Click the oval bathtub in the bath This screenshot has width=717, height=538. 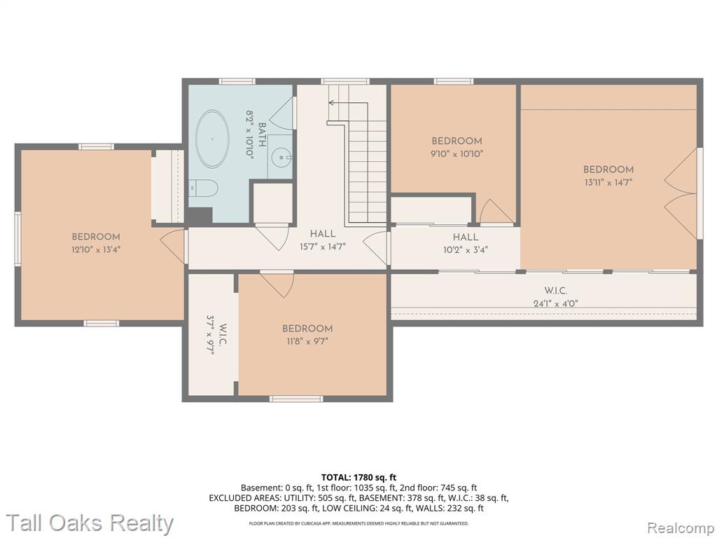[x=212, y=139]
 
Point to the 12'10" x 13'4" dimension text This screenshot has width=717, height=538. [x=96, y=249]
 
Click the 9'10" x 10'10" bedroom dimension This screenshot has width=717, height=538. [x=457, y=153]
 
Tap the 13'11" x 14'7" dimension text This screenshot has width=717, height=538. [x=608, y=182]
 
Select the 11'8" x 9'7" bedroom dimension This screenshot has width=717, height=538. [x=307, y=341]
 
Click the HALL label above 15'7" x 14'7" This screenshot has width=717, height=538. [x=323, y=234]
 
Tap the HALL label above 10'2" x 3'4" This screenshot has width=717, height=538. [x=466, y=237]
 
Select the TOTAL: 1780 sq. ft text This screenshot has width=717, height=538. [x=358, y=478]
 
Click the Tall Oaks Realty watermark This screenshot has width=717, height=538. [x=90, y=523]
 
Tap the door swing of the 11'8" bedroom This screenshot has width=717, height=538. [x=277, y=284]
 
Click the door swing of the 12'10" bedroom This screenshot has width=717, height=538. [x=172, y=246]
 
